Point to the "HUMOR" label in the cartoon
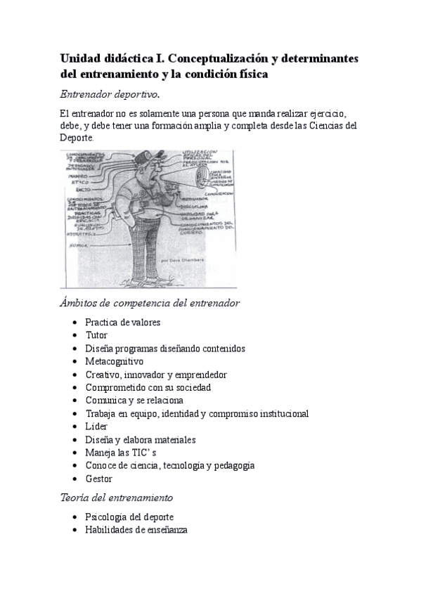[x=77, y=247]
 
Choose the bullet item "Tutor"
[x=96, y=335]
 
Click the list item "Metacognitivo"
[x=114, y=361]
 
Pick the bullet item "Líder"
[x=96, y=427]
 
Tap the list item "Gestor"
[x=99, y=479]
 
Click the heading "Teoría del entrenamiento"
[x=117, y=498]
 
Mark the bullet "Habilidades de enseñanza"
[x=136, y=530]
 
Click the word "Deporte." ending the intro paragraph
[x=77, y=138]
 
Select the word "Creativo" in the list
[x=103, y=375]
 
